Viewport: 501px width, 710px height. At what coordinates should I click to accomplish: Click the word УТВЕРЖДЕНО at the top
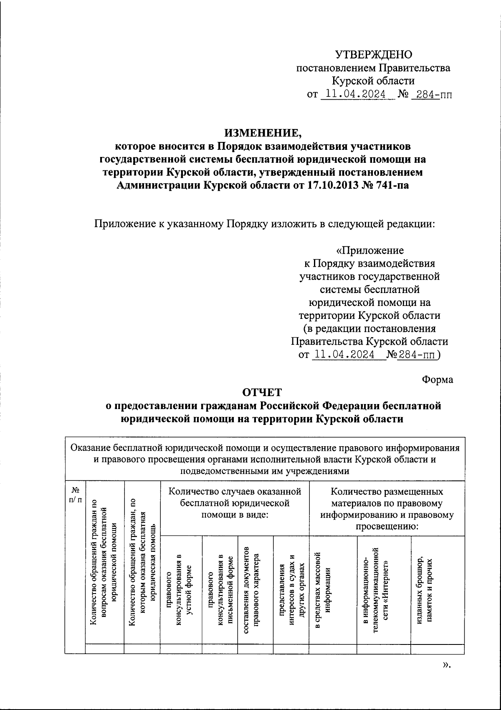coord(374,54)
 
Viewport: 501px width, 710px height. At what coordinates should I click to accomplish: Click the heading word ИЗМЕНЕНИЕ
coord(263,133)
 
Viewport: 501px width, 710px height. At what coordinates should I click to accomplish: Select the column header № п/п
coord(75,494)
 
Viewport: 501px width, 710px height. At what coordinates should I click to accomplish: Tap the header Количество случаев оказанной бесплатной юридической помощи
coord(234,503)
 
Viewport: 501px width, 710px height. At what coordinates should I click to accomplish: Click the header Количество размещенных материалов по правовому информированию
coord(387,509)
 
